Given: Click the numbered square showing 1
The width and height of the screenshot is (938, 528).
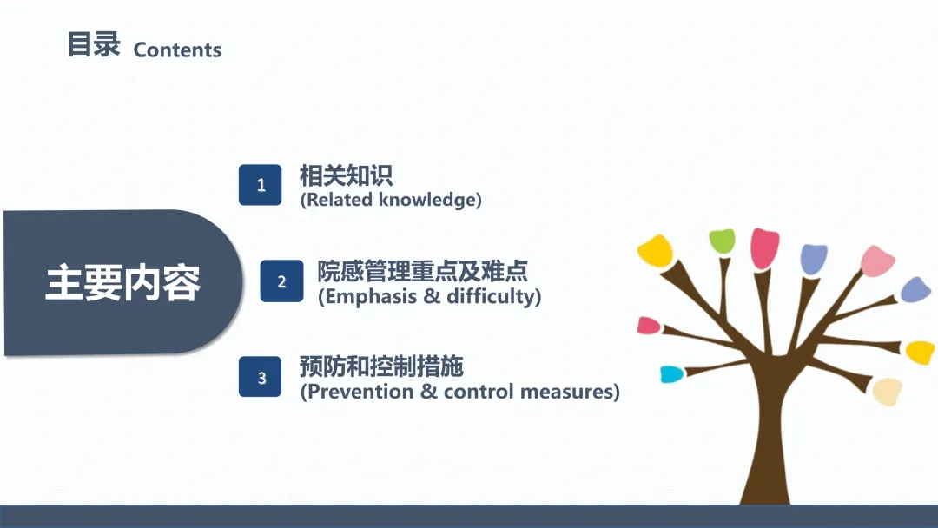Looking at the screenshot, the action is pos(261,185).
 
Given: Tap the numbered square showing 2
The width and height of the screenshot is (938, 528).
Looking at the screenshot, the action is pos(281,280).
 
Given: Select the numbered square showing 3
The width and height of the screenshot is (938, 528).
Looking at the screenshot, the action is pos(261,377).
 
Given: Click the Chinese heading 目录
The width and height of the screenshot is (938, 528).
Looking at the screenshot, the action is pos(94,44).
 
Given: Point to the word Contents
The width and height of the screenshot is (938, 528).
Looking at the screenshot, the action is pos(177,49).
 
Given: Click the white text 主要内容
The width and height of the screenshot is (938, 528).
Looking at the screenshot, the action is pos(123,283).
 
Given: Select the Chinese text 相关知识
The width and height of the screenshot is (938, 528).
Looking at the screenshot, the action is pos(346,175).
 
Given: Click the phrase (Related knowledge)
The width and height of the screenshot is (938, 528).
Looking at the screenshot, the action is pos(391,200).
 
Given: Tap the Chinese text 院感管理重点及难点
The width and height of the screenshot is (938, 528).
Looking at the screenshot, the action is pos(422,271).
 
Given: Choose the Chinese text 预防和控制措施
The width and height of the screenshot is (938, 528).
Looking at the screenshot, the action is pos(381,366).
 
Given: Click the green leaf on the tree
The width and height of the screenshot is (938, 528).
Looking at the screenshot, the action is pos(722,241).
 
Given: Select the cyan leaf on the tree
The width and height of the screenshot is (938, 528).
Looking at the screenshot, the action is pos(671,373).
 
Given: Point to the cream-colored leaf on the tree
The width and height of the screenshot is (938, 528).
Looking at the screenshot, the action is pos(887,391).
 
